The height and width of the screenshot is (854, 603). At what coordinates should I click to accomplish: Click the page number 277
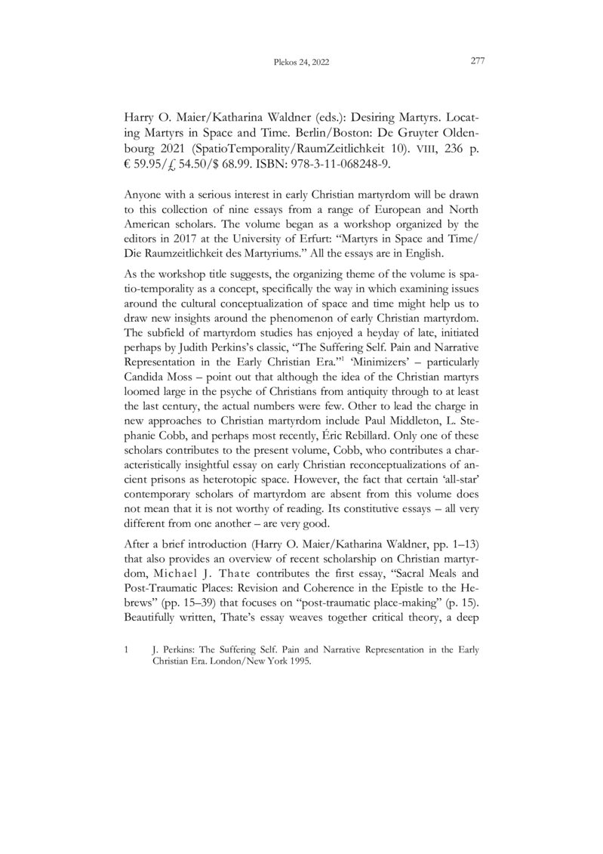pos(476,62)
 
